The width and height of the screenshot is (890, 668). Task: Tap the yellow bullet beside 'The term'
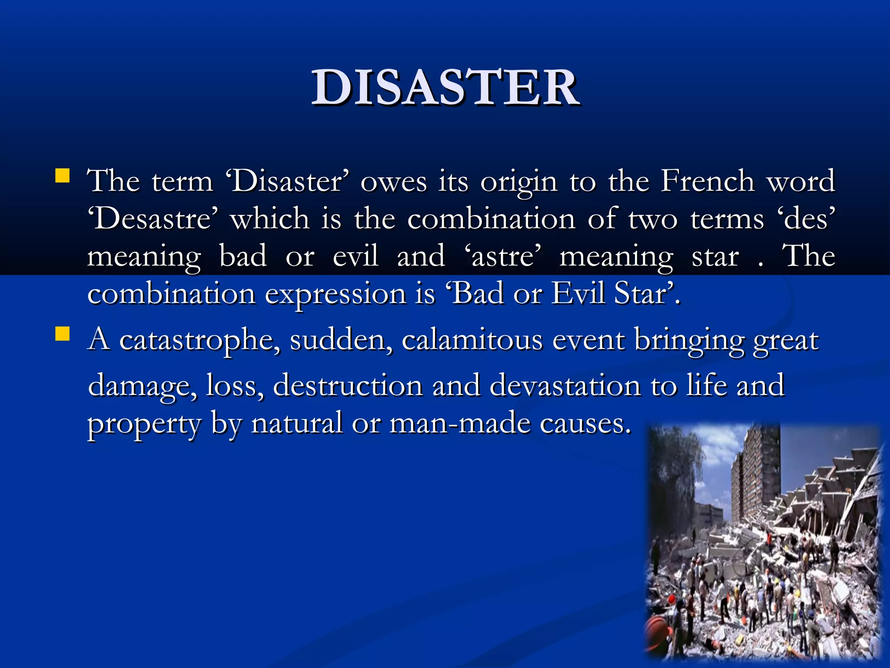(x=63, y=176)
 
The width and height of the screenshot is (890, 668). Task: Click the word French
(x=707, y=180)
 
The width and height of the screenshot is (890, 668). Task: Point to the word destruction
(x=348, y=385)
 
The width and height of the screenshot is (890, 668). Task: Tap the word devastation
(x=565, y=385)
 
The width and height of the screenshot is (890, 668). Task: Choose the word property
(x=145, y=424)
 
